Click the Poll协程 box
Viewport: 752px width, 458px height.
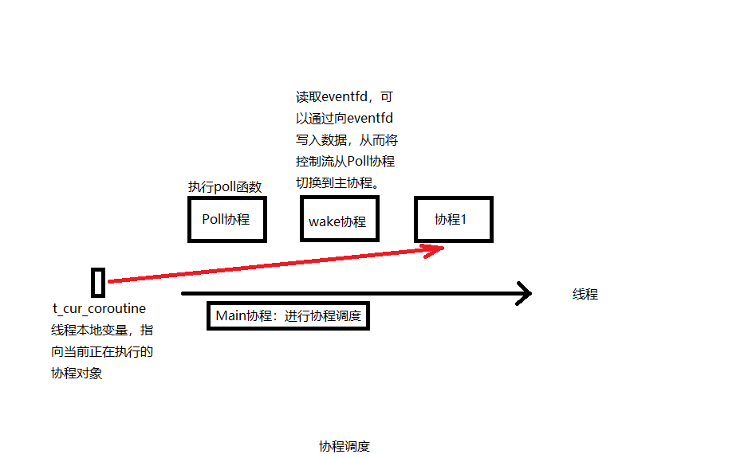226,219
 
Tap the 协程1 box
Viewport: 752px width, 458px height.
453,219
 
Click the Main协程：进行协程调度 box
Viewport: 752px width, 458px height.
288,315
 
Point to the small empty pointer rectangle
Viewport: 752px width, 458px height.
98,282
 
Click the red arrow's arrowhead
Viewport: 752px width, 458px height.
435,250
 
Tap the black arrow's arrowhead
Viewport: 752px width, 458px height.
523,293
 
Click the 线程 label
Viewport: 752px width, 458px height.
585,294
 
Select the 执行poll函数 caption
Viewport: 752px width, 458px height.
225,186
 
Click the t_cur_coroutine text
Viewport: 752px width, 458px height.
99,308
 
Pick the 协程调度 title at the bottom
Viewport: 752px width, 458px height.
345,446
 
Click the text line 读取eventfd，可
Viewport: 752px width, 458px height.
345,97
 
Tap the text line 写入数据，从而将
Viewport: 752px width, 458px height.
347,140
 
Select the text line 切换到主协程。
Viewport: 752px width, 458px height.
337,182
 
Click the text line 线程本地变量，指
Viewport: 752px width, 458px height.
102,330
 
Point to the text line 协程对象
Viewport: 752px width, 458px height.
77,373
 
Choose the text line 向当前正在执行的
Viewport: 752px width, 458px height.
102,351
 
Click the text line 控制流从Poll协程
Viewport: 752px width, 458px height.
345,162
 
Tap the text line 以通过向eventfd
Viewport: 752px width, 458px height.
345,119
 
